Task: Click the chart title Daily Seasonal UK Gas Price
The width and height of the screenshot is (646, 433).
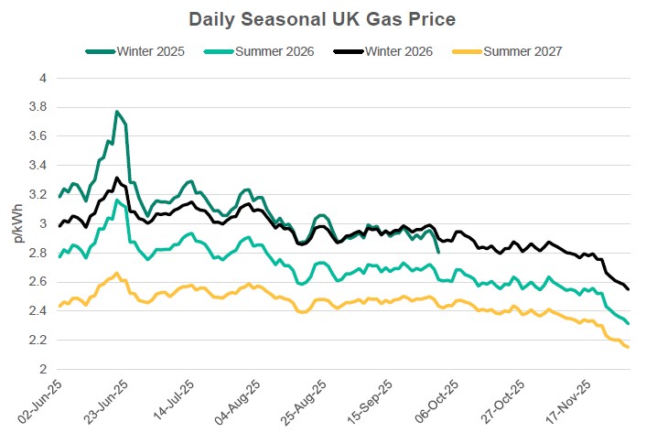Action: tap(322, 18)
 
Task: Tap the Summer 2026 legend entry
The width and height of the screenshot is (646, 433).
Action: tap(273, 50)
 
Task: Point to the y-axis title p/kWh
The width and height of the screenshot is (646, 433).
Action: tap(18, 225)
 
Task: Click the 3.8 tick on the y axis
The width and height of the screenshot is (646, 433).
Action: tap(36, 107)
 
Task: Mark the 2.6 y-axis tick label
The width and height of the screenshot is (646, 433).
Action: tap(36, 282)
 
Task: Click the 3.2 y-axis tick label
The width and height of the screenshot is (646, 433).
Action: tap(36, 195)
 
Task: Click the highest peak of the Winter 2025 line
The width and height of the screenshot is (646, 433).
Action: tap(117, 112)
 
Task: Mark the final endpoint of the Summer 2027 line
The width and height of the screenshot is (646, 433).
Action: tap(628, 347)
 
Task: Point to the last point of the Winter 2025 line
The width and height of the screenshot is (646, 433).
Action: tap(439, 252)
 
